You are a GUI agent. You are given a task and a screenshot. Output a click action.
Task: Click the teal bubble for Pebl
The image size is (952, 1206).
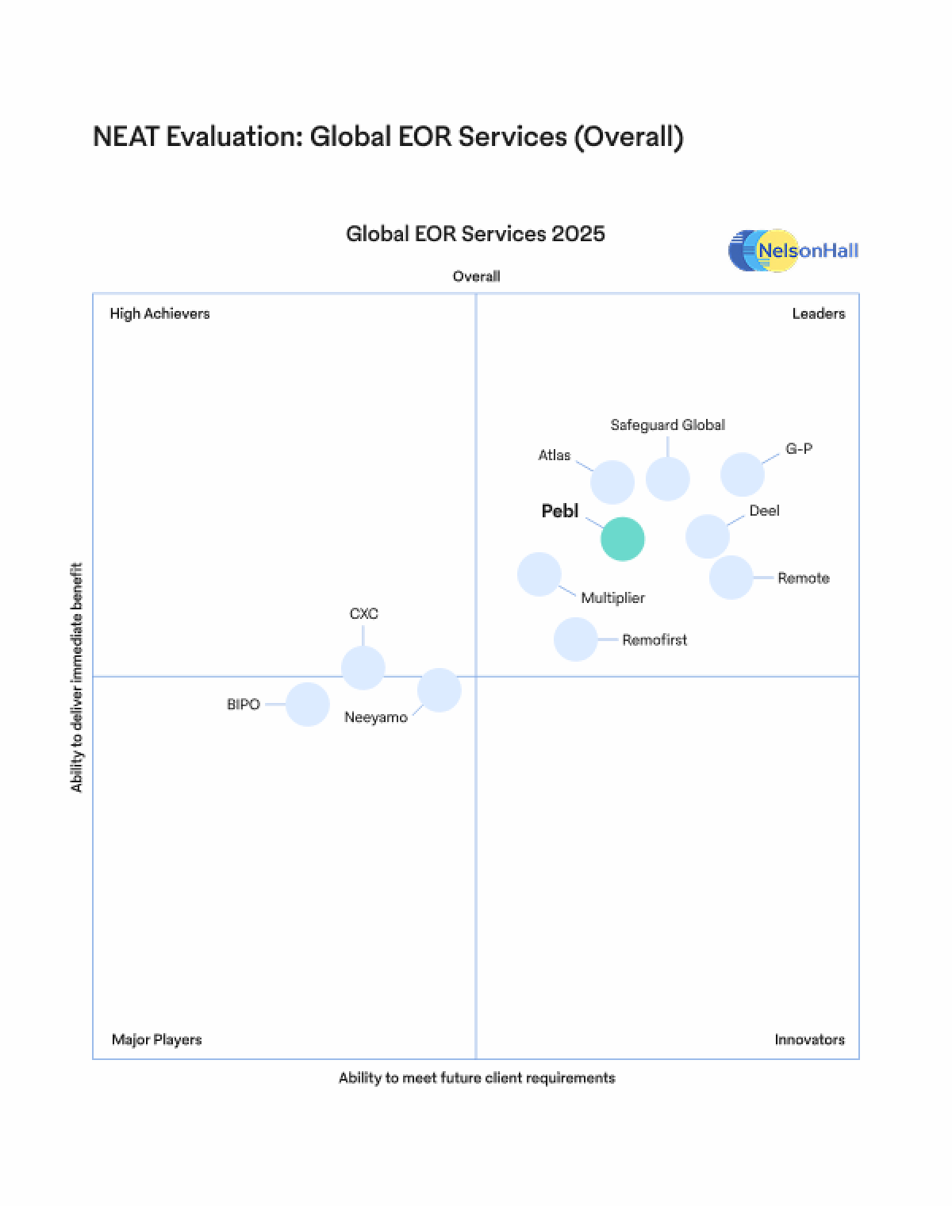[623, 539]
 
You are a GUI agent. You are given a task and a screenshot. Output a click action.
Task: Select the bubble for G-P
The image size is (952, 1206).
[743, 474]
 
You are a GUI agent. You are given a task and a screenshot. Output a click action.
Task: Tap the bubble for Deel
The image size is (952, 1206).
[708, 536]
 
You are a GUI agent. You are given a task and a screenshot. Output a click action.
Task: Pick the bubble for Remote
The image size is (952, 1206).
[731, 577]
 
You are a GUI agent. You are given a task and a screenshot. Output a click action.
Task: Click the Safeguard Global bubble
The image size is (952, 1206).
[667, 479]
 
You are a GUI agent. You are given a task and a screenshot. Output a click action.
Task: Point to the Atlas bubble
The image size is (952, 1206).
[612, 482]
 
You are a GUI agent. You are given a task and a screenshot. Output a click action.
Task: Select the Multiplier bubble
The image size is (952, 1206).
[539, 574]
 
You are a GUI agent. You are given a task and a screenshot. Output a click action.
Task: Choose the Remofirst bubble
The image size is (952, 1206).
[575, 639]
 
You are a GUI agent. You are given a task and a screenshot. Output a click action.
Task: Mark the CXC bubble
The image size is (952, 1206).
[363, 667]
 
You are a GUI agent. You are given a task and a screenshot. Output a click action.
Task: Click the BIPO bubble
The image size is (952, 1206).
[308, 704]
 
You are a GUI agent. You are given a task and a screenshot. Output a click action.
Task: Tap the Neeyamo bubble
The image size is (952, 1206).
[439, 689]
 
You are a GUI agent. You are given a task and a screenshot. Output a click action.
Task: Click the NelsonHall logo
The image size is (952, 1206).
[793, 251]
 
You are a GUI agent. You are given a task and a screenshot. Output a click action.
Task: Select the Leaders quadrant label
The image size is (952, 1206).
[818, 313]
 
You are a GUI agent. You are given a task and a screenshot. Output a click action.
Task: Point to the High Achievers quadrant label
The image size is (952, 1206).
[159, 313]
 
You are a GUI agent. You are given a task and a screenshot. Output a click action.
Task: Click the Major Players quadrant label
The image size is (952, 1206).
[156, 1039]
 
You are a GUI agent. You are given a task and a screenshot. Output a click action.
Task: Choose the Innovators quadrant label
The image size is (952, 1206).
[809, 1039]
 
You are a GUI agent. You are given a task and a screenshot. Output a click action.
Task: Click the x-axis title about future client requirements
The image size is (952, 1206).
[477, 1077]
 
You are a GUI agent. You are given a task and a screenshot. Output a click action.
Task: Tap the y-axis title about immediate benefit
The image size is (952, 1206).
[77, 677]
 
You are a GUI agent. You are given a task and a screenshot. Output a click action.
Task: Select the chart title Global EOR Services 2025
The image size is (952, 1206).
[475, 233]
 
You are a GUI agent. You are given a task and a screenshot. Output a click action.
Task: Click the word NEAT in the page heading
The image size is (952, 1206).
[126, 136]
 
